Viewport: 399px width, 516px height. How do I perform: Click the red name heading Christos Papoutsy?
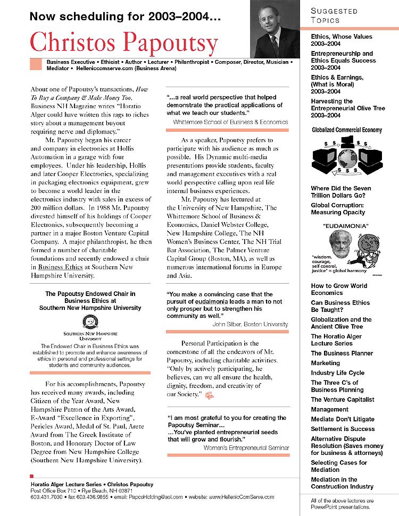pos(124,43)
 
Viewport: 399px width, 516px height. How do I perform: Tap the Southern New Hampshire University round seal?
pos(90,322)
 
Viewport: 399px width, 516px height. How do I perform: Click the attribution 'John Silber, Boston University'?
pos(250,324)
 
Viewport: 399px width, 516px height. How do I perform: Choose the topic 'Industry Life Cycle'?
pos(337,373)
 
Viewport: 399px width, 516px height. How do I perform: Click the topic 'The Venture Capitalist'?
pos(342,400)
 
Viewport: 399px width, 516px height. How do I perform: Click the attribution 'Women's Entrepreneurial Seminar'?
pos(246,448)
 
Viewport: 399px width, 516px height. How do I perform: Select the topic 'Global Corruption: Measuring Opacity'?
pos(338,208)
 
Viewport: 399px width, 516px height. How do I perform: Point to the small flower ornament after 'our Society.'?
pos(209,395)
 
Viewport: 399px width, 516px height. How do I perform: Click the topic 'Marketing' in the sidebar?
pos(325,363)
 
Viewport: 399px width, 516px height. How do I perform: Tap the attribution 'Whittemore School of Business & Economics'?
pos(230,122)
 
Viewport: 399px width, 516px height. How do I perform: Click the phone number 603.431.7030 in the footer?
pos(46,497)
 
